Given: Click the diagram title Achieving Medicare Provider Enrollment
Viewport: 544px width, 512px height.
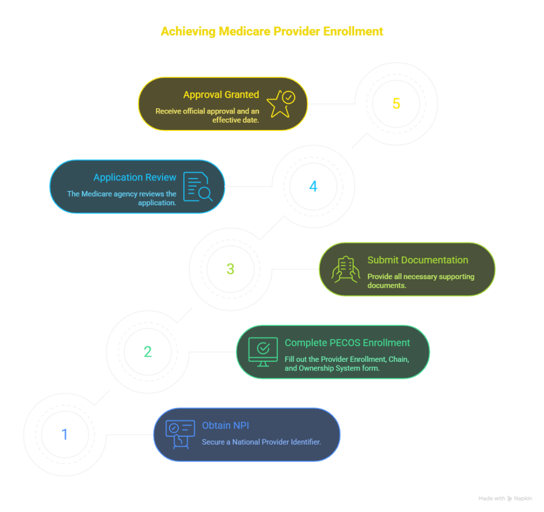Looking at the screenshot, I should click(x=272, y=31).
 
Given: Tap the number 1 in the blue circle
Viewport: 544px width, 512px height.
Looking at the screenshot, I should click(x=64, y=435).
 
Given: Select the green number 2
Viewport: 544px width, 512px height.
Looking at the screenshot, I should click(x=148, y=352).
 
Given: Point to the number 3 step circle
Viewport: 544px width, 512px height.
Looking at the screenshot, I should click(x=230, y=269).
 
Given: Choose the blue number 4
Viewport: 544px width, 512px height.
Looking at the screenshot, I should click(x=313, y=186).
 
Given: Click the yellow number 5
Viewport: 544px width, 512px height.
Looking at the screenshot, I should click(x=396, y=103).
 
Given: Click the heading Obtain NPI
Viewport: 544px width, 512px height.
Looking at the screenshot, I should click(x=225, y=426).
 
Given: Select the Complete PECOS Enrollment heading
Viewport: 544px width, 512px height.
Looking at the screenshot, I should click(x=347, y=343).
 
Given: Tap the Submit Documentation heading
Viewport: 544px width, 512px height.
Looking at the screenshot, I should click(x=418, y=260).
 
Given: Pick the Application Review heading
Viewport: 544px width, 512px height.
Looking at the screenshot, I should click(x=135, y=177).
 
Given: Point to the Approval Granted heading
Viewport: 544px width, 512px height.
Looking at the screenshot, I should click(x=221, y=94).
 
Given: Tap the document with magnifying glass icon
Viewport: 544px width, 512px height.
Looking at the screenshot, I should click(x=198, y=187).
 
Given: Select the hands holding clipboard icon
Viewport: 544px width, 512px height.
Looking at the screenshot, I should click(x=345, y=270).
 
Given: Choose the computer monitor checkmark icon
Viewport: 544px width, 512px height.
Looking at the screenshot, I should click(x=263, y=352).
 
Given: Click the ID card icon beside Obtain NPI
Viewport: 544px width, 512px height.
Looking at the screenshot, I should click(x=180, y=435).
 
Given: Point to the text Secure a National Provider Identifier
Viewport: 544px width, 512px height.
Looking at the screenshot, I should click(x=261, y=442).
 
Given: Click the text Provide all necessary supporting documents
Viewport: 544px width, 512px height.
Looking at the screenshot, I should click(x=421, y=281).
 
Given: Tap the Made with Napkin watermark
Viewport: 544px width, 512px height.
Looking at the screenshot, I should click(x=505, y=499).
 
